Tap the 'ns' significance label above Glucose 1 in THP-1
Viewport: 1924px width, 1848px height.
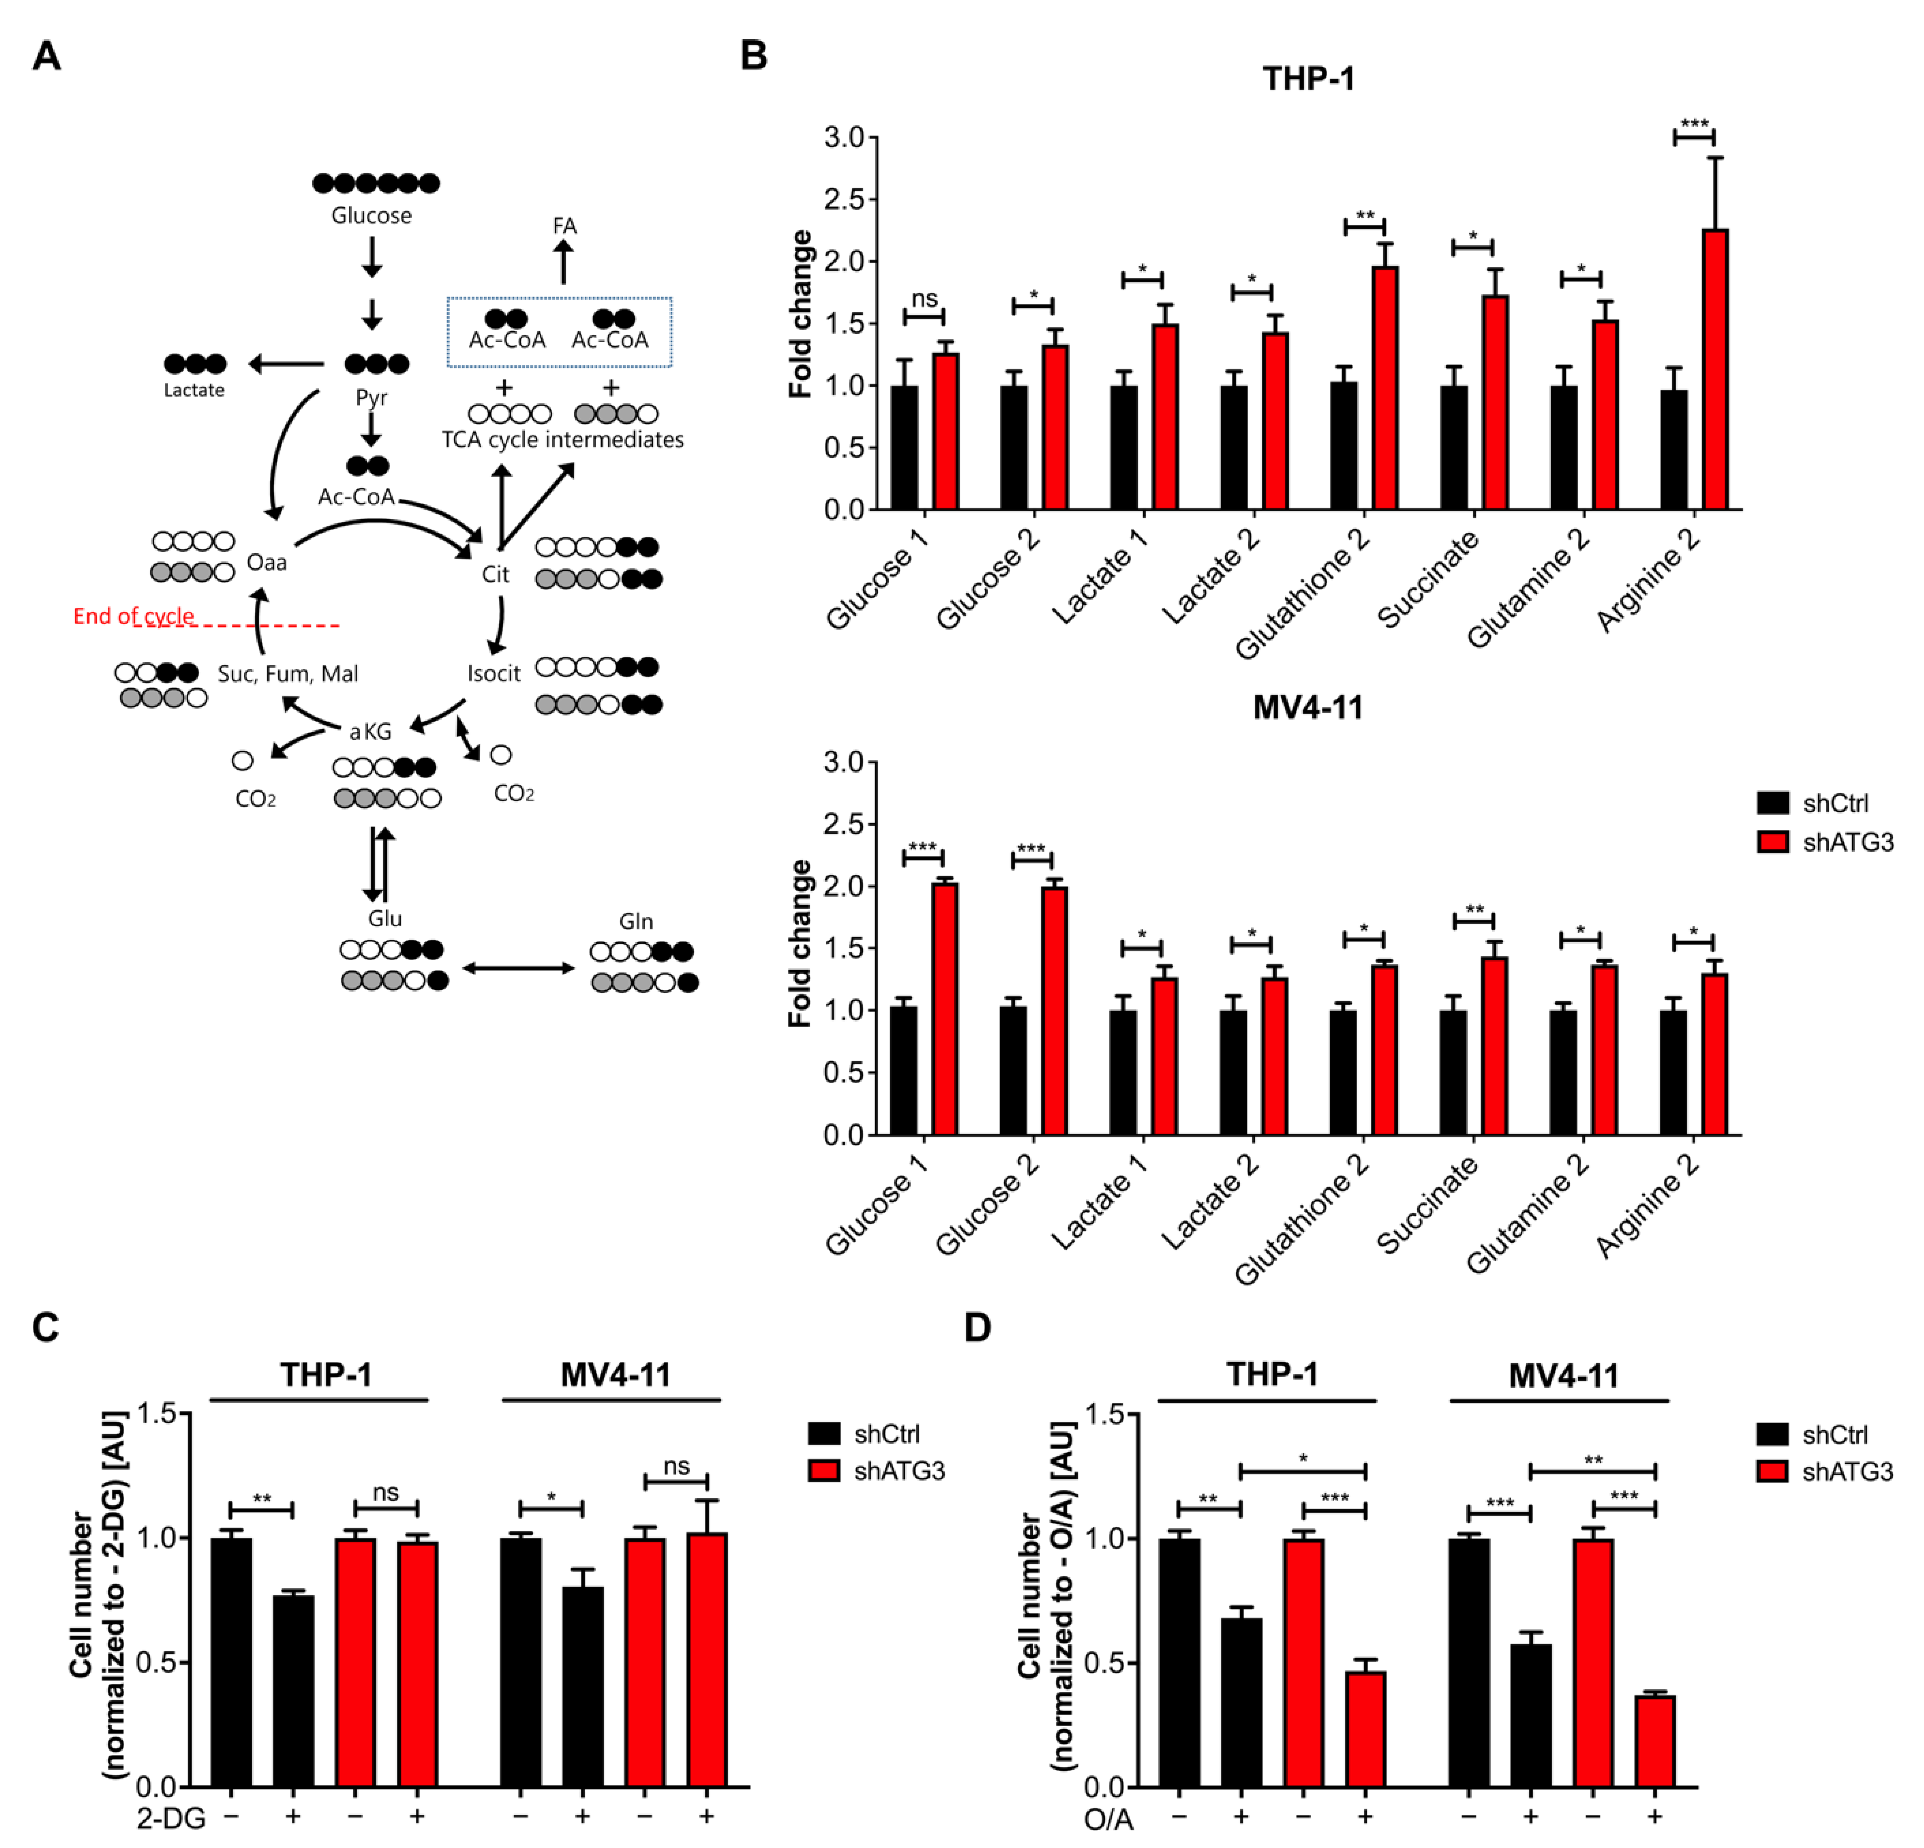click(924, 298)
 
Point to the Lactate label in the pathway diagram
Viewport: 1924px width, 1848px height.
click(194, 390)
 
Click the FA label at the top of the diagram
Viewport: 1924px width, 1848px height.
click(564, 226)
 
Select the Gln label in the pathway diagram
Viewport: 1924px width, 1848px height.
click(636, 921)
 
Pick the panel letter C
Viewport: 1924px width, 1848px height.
click(46, 1327)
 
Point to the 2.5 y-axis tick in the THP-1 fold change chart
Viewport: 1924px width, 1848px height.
click(844, 199)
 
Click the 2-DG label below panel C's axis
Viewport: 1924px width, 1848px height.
click(172, 1819)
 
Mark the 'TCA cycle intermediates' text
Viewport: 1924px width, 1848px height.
click(563, 440)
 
